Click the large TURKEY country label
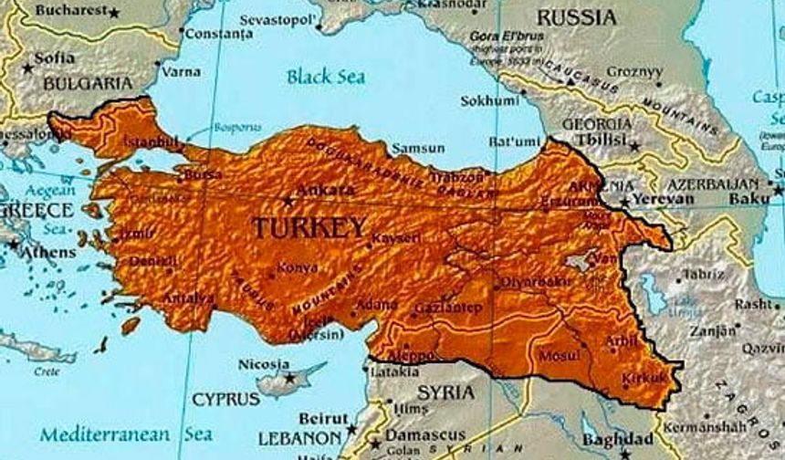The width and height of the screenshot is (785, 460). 309,228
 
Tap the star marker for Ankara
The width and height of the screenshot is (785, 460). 289,199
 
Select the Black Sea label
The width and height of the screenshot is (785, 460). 326,76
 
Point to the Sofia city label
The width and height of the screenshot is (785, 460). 55,57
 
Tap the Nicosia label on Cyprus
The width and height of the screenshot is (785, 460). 264,364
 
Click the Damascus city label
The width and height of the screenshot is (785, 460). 422,435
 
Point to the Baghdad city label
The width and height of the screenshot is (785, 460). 618,438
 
